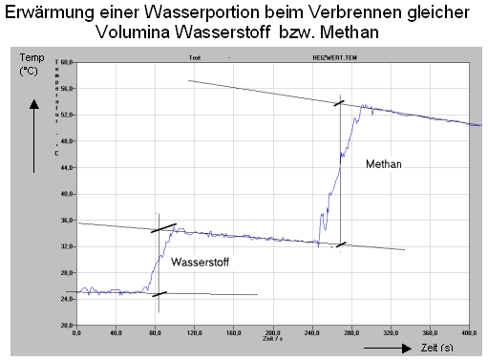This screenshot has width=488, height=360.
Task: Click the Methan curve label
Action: coord(383,164)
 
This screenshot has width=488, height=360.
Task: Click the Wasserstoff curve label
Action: coord(201,261)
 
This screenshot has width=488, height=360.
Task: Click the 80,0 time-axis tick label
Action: coord(156,333)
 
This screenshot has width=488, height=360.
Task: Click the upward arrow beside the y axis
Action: coord(34,134)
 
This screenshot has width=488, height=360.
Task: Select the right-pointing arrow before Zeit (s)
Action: coord(387,349)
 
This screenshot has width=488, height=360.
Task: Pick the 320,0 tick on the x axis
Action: coord(389,333)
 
